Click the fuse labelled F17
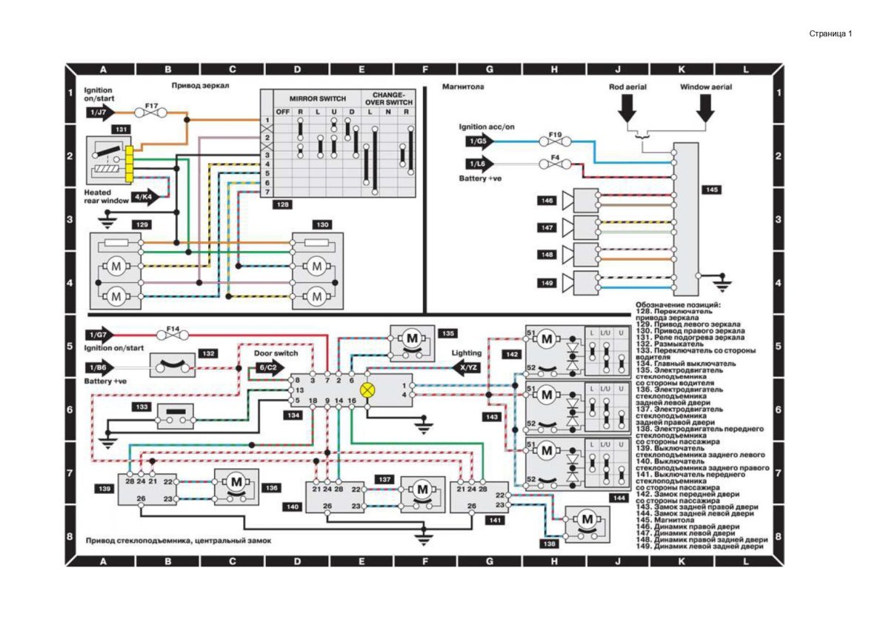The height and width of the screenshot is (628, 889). coord(151,113)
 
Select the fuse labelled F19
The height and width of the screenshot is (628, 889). coord(555,141)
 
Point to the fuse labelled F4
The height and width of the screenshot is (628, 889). coord(555,164)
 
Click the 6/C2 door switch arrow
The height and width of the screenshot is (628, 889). coord(270,367)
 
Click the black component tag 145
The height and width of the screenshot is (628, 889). coord(711,190)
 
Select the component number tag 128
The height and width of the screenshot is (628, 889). coord(282,204)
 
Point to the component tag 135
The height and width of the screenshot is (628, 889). coord(447,333)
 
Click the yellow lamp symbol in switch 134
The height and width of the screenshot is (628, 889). coord(367,390)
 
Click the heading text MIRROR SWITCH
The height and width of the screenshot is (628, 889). coord(317,98)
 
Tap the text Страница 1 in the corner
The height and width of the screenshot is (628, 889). coord(830,33)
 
